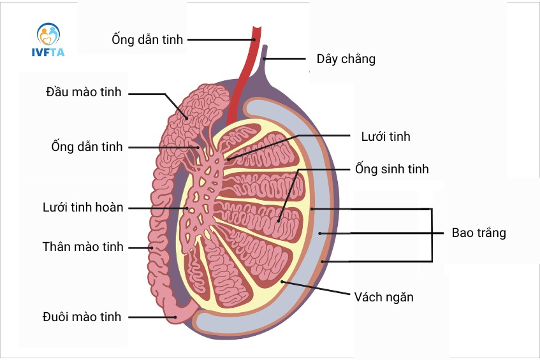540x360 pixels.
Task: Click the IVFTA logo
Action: [x=48, y=40]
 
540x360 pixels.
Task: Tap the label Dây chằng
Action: [x=346, y=59]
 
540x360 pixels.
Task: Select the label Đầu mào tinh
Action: [x=84, y=93]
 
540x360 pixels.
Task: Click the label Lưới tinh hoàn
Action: [x=83, y=208]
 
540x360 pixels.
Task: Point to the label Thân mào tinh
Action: [x=83, y=247]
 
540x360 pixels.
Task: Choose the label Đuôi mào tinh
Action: [x=82, y=317]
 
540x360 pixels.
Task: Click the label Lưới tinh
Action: [x=385, y=136]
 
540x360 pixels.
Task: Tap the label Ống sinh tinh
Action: [x=391, y=169]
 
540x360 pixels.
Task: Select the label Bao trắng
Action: [x=479, y=233]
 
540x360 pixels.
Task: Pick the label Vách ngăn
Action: [x=384, y=296]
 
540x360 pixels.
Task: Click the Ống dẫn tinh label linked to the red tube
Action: [x=147, y=40]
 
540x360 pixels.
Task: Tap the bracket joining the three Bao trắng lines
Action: [x=432, y=234]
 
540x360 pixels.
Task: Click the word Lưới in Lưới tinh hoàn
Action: [x=55, y=208]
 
